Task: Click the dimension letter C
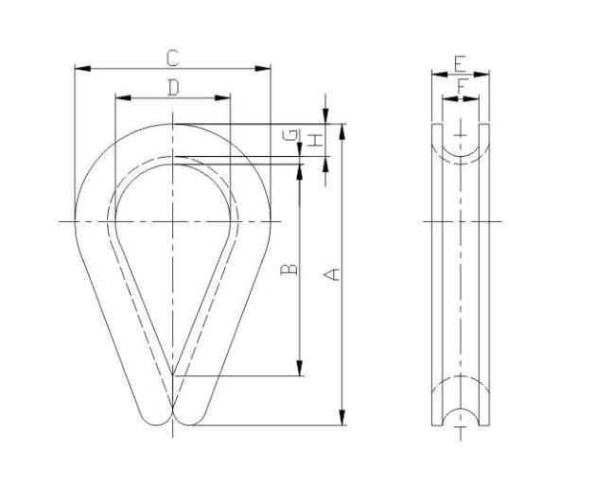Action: [x=172, y=58]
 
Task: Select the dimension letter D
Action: [x=173, y=88]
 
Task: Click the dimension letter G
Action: [x=290, y=135]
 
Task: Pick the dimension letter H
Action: [x=316, y=140]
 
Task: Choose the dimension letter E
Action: [x=460, y=63]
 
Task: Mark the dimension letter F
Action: [x=461, y=87]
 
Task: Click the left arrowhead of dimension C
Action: [x=82, y=68]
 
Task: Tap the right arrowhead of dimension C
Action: [x=263, y=69]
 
